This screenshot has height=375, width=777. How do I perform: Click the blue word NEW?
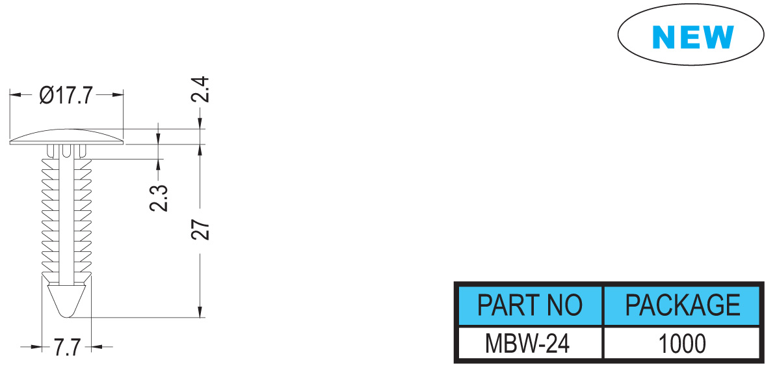pyautogui.click(x=692, y=36)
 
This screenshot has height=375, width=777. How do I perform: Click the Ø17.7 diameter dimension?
pyautogui.click(x=66, y=94)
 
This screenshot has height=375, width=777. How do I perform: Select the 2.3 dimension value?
pyautogui.click(x=159, y=198)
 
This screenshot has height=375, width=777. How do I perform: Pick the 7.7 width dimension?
pyautogui.click(x=68, y=347)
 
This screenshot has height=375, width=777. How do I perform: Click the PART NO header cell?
pyautogui.click(x=529, y=305)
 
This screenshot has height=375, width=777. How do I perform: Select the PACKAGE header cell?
pyautogui.click(x=682, y=305)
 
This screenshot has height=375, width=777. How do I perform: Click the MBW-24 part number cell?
pyautogui.click(x=529, y=343)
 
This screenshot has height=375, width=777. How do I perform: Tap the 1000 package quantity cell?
pyautogui.click(x=682, y=343)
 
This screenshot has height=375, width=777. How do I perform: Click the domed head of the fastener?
pyautogui.click(x=66, y=137)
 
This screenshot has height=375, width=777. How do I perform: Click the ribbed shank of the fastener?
pyautogui.click(x=66, y=216)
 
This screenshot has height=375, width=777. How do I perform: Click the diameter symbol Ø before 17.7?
pyautogui.click(x=46, y=94)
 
